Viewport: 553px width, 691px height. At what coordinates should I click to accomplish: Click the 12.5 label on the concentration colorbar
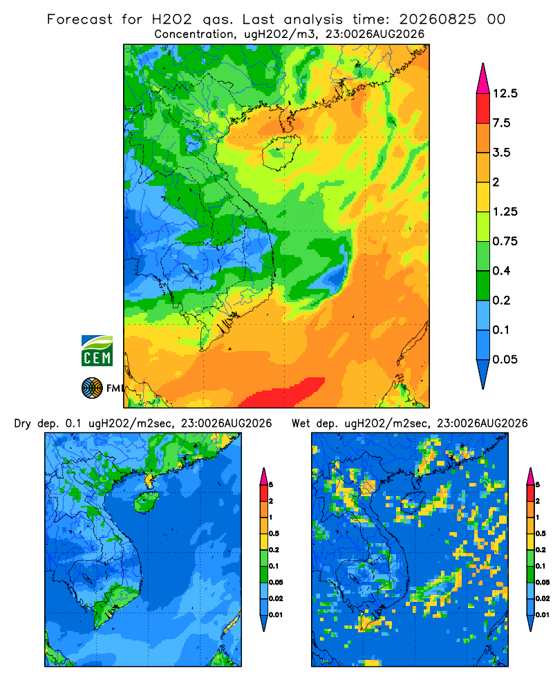point(505,93)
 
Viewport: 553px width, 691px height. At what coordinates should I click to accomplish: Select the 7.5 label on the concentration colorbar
point(501,123)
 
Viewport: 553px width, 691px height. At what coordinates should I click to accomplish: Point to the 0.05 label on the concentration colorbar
point(505,359)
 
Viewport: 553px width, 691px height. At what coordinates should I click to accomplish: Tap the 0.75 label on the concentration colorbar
point(505,241)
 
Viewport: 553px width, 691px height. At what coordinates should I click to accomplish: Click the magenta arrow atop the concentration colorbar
point(483,79)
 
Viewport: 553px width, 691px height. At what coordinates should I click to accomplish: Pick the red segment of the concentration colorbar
point(483,108)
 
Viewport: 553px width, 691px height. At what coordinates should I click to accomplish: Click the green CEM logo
point(97,350)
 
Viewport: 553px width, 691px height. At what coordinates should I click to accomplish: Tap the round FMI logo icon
point(92,388)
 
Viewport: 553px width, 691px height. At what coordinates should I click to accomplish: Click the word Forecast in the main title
point(79,19)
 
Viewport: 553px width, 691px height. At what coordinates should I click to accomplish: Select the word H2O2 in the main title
point(172,19)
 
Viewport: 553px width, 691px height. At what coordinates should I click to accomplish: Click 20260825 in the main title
point(438,19)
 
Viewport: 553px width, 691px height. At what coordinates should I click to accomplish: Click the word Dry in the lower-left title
point(23,424)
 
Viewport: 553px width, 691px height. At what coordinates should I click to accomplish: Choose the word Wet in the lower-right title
point(301,424)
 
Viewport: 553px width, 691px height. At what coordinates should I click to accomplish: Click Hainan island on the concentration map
point(281,152)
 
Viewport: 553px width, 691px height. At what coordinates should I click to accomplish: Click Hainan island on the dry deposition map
point(147,502)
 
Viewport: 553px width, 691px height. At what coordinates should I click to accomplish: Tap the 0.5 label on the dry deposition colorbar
point(274,533)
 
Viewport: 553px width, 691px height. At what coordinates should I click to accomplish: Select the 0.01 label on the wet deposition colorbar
point(543,614)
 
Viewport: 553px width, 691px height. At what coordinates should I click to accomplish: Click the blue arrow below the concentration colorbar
point(483,374)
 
